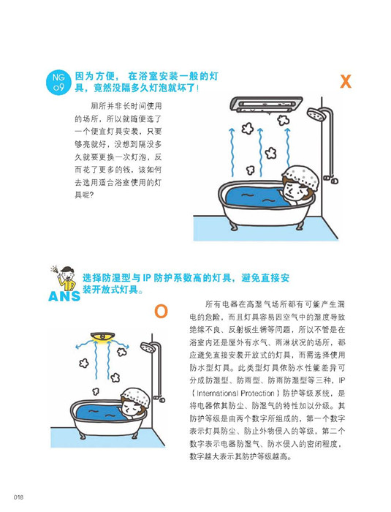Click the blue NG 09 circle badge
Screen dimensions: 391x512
tap(58, 82)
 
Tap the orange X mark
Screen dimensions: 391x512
tap(345, 81)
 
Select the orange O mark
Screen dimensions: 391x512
tap(161, 312)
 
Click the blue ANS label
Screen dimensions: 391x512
tap(64, 296)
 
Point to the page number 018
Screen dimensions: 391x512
tap(18, 497)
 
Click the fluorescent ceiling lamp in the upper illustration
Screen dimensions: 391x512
tap(266, 105)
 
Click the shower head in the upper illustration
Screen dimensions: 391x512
tap(315, 113)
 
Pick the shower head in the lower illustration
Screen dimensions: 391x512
tap(148, 347)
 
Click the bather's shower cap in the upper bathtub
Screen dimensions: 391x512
tap(300, 177)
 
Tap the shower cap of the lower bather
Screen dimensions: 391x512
tap(136, 396)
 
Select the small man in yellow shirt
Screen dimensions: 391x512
tap(67, 279)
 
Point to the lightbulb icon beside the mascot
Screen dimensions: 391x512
tap(54, 269)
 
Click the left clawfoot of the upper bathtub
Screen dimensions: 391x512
tap(232, 226)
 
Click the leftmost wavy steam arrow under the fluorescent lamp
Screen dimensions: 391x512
tap(232, 152)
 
